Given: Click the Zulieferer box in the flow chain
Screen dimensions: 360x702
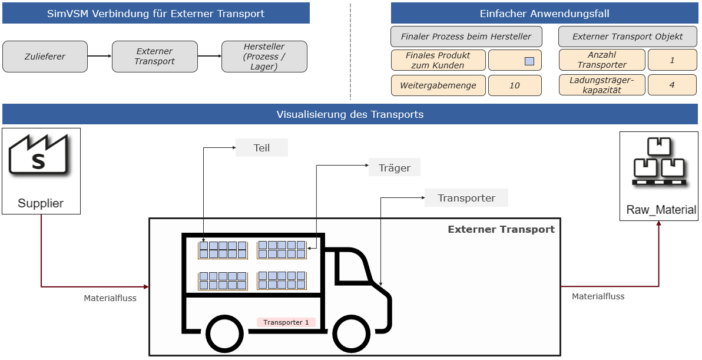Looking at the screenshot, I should point(45,57).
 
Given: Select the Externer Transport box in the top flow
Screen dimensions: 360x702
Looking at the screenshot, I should point(154,57).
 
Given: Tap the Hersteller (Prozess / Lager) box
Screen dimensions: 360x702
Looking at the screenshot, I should point(264,57).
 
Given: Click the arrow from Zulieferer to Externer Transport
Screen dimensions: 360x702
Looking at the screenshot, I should point(100,56).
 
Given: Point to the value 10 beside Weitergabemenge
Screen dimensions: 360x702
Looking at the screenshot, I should point(514,85).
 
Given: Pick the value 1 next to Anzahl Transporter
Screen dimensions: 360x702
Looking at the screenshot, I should point(672,60).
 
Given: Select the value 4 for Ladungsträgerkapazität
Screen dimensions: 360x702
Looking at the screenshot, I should point(672,85).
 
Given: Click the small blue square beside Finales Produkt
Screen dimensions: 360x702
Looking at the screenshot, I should point(529,61).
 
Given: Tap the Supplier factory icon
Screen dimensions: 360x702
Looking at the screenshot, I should point(38,155).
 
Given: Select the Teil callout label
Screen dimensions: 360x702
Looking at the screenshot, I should point(261,148).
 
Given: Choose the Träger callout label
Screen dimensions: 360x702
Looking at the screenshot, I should point(395,168).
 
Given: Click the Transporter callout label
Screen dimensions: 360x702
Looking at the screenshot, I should point(466,198).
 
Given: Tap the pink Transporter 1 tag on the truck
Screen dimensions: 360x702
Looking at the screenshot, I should point(286,322).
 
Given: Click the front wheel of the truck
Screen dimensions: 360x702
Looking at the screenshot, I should point(352,334).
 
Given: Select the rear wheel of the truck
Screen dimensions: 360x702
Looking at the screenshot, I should point(224,334).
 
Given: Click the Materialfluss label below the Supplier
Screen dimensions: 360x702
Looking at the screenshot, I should point(110,298).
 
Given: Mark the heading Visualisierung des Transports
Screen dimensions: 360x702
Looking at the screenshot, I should point(350,114).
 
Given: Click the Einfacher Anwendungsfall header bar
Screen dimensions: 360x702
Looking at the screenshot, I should point(544,14).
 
